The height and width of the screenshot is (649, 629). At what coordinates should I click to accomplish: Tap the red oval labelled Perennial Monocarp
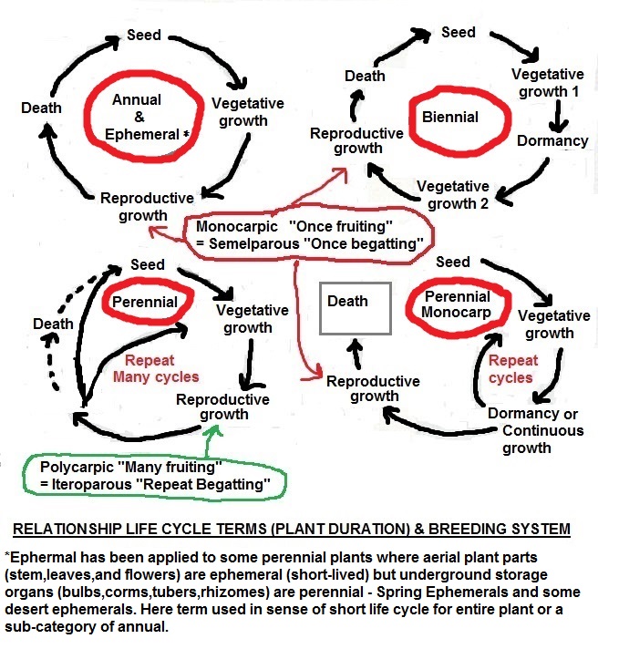[455, 304]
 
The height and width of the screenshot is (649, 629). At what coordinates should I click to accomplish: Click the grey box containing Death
[355, 310]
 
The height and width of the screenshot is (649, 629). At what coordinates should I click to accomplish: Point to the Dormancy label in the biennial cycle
[552, 141]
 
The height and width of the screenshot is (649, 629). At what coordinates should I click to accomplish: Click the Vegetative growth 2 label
[453, 195]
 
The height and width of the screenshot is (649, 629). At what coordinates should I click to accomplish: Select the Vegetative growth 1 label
[547, 83]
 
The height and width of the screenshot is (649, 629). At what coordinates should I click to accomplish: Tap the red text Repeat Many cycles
[162, 368]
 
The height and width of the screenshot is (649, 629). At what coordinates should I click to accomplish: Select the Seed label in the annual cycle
[144, 36]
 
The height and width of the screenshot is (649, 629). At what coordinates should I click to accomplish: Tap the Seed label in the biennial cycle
[459, 32]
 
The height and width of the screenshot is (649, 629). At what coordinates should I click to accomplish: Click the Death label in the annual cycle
[41, 108]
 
